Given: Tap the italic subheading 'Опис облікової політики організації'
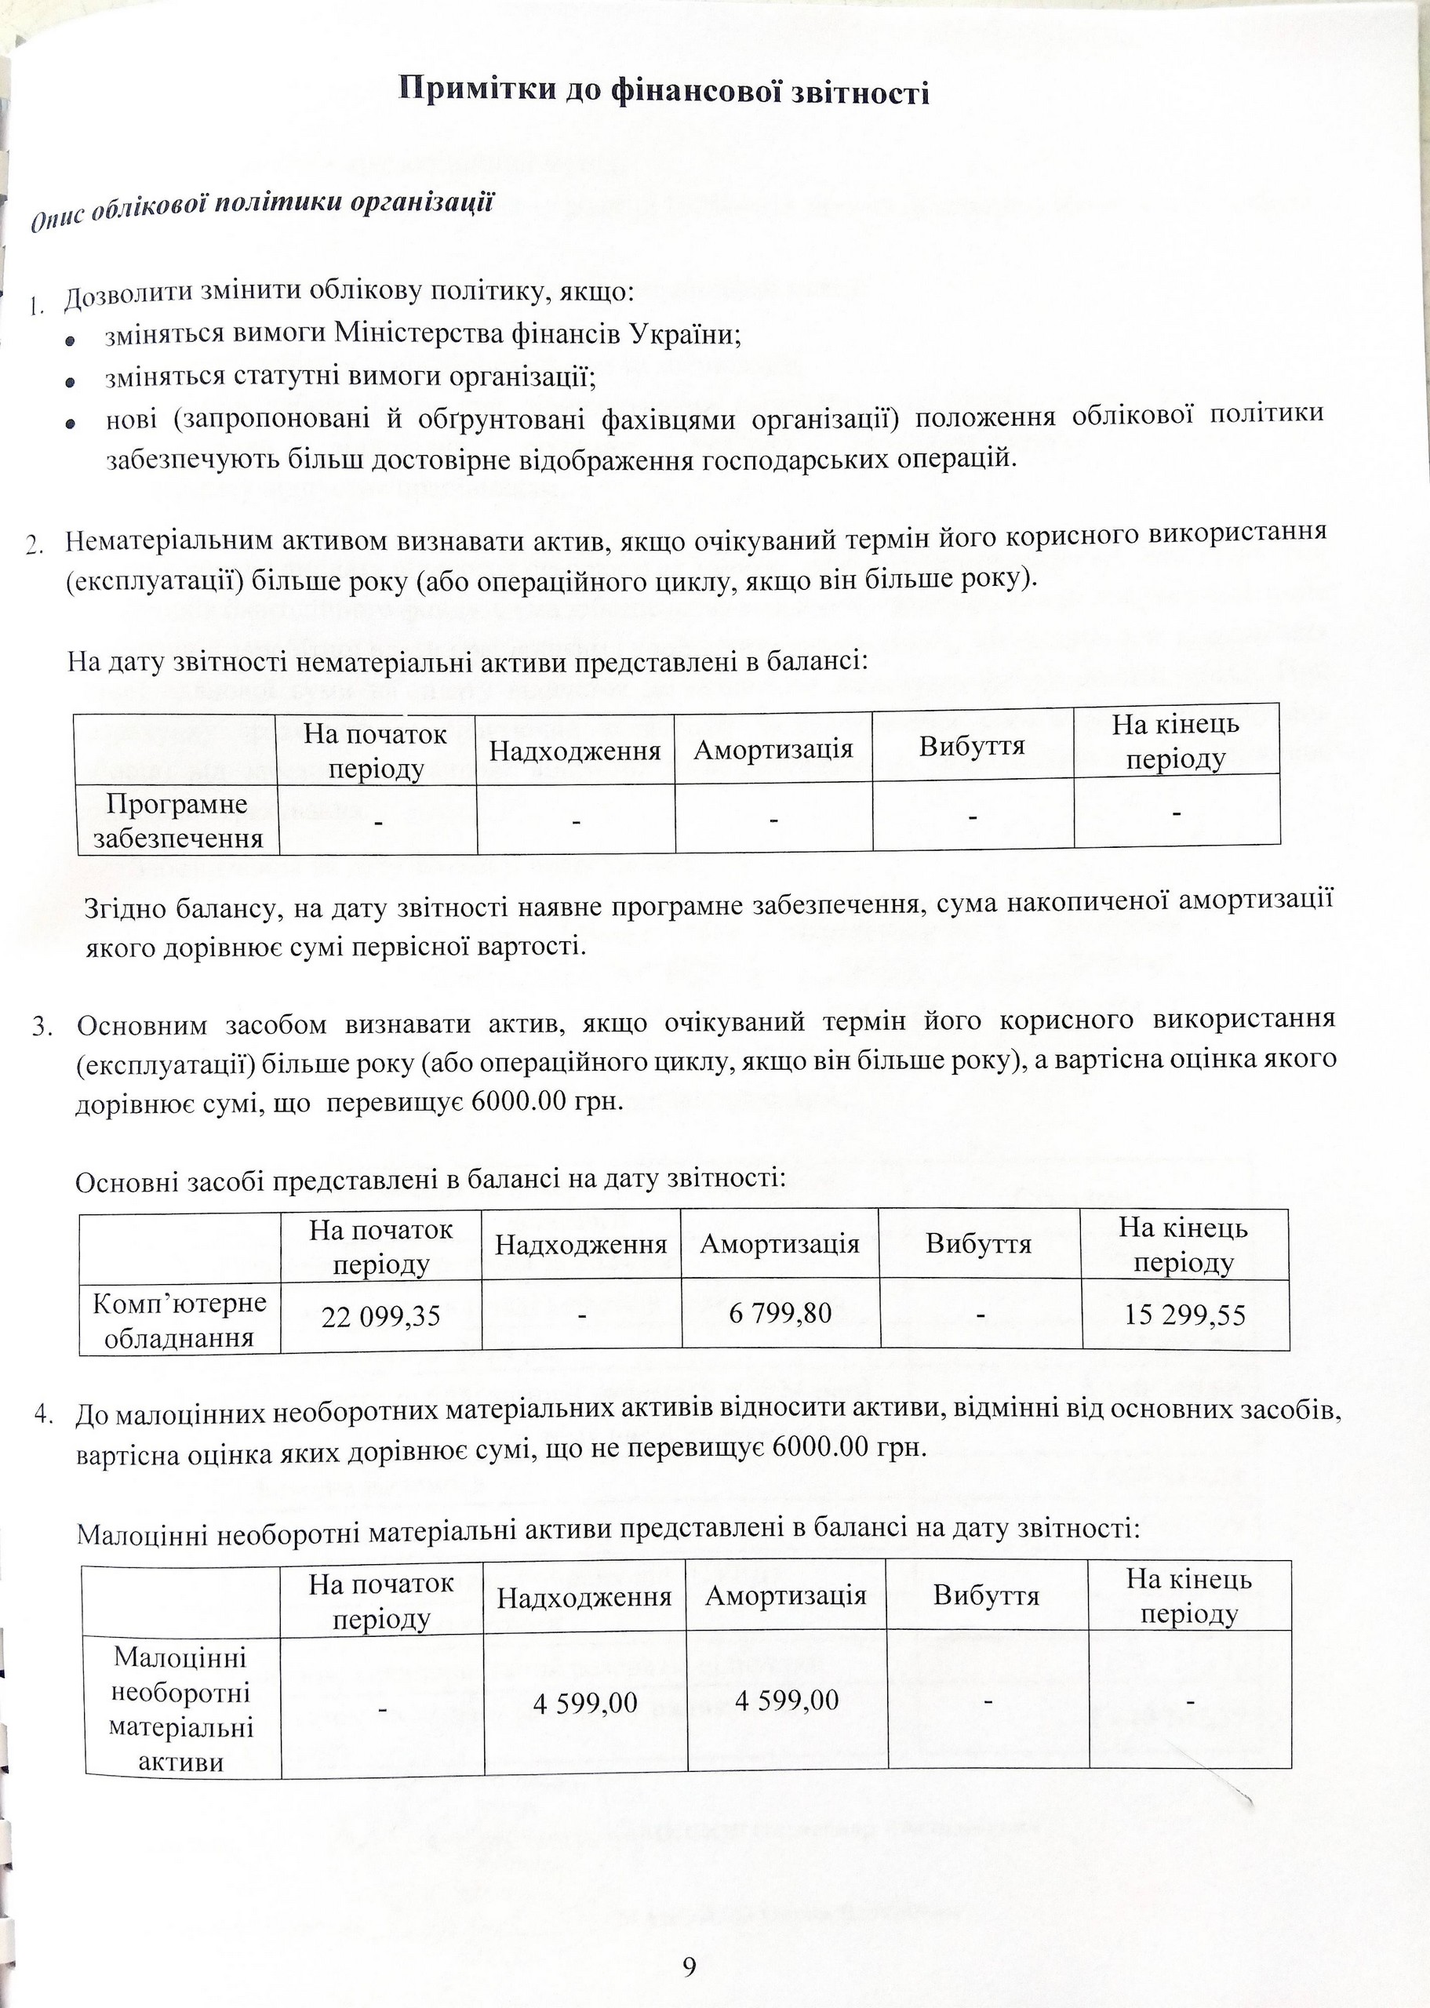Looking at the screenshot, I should [260, 209].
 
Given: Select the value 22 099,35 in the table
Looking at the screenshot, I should [380, 1317].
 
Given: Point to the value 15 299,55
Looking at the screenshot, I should [1185, 1315].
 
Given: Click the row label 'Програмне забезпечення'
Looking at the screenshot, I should [178, 820].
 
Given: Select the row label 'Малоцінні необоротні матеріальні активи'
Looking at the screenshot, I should [180, 1710].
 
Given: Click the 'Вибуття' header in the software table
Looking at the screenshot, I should [972, 747].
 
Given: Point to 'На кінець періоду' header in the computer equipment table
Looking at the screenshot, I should [1184, 1245].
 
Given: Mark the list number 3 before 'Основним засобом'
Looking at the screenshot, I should [42, 1028].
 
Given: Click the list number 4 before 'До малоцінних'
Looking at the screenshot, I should [42, 1415].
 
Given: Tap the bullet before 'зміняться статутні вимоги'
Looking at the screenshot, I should [71, 382].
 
